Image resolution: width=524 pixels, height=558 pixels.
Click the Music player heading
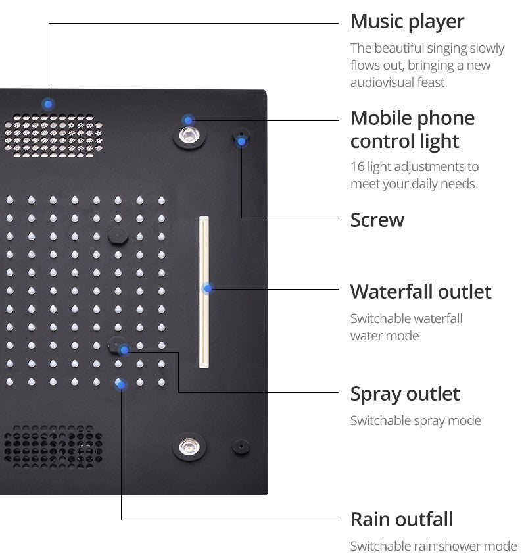pyautogui.click(x=407, y=21)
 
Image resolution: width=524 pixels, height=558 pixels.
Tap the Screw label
pyautogui.click(x=377, y=220)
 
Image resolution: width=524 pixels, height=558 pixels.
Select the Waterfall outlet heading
pyautogui.click(x=420, y=292)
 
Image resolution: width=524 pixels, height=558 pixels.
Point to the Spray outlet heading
pyautogui.click(x=404, y=394)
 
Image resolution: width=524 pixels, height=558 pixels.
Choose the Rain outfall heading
pyautogui.click(x=401, y=519)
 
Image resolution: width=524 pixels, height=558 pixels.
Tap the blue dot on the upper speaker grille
pyautogui.click(x=49, y=104)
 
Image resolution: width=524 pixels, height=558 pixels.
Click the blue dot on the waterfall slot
pyautogui.click(x=208, y=288)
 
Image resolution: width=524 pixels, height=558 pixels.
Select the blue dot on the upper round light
pyautogui.click(x=189, y=120)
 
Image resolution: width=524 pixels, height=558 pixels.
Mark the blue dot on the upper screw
pyautogui.click(x=241, y=140)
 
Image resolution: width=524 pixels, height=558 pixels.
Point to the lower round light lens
pyautogui.click(x=189, y=446)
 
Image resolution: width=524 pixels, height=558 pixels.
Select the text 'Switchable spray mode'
pyautogui.click(x=416, y=420)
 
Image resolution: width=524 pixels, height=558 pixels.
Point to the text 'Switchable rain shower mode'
pyautogui.click(x=433, y=546)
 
